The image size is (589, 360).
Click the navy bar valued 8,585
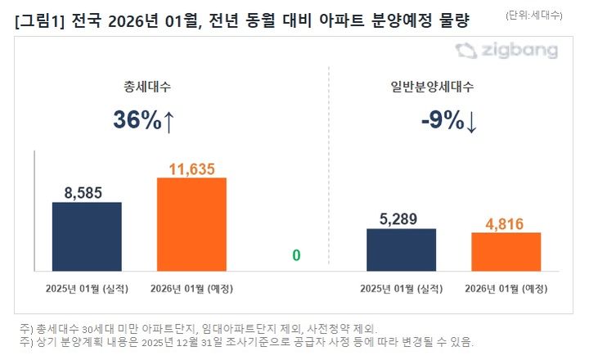(x=87, y=236)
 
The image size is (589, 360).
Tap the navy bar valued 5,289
(x=401, y=250)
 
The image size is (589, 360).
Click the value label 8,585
(x=87, y=193)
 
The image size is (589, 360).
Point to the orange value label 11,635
(x=191, y=169)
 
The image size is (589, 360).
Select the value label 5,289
(x=401, y=219)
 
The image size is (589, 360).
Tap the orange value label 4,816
(x=506, y=223)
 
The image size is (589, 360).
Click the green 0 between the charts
(x=296, y=256)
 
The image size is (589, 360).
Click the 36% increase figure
(x=137, y=120)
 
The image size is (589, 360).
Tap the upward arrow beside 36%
(x=169, y=120)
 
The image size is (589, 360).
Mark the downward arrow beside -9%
(x=472, y=121)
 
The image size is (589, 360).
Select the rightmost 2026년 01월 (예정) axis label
(x=506, y=289)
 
